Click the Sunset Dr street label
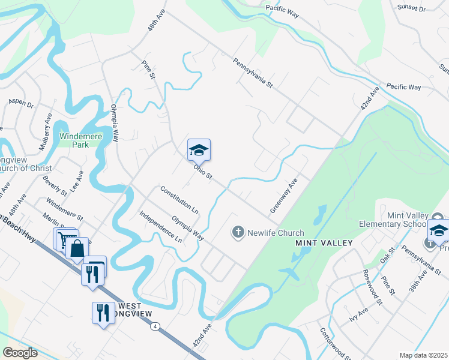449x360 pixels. pos(411,9)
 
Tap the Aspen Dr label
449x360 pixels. pos(20,103)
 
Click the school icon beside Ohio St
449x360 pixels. pos(199,150)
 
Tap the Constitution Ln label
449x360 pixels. pos(179,200)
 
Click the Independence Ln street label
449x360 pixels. pos(160,226)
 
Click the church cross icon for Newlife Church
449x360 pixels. pos(238,232)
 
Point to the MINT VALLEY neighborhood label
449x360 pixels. pos(324,243)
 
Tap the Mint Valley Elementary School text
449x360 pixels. pos(408,220)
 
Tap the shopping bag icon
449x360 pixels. pos(78,248)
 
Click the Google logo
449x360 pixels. pos(20,353)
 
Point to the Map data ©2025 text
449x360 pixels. pos(423,355)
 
